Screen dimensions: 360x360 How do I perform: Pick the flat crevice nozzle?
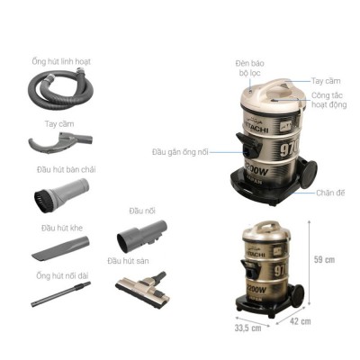pyautogui.click(x=58, y=246)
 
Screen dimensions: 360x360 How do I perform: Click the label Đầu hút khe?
pyautogui.click(x=59, y=227)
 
